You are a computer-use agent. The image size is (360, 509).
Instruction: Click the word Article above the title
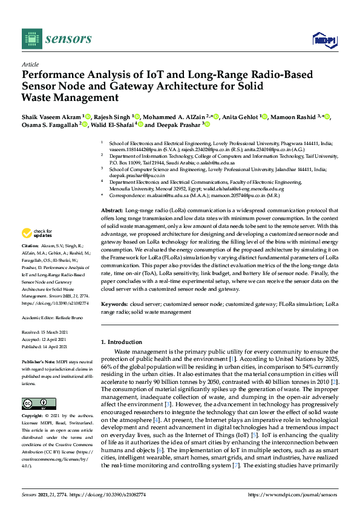(x=30, y=65)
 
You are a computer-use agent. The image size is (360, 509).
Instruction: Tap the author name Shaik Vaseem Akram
(x=50, y=117)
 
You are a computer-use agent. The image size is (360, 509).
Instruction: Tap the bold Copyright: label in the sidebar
(x=34, y=417)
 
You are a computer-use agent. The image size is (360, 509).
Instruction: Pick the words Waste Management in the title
(x=70, y=97)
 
